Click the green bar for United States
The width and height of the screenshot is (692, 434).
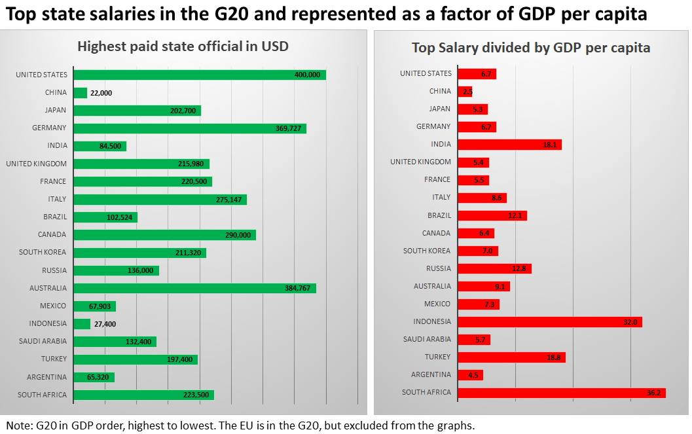(200, 75)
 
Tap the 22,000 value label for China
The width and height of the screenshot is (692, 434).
(101, 93)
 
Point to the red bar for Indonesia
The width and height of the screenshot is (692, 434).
(549, 321)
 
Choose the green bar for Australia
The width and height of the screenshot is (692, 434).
(194, 288)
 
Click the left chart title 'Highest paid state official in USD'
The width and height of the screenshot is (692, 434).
(183, 47)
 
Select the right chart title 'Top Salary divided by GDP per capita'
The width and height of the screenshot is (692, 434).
(530, 48)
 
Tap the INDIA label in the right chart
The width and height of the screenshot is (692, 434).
(441, 144)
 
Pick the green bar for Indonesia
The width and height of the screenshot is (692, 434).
(82, 324)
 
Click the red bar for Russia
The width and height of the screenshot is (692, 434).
(494, 268)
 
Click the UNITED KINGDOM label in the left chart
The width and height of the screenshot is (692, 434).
(36, 164)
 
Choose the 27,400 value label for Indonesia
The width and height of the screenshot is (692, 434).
(105, 324)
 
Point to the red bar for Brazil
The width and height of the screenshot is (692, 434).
(492, 215)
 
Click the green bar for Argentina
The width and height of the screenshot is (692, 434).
(94, 377)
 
